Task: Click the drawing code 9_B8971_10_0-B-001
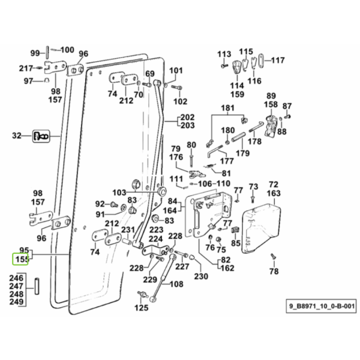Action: (x=322, y=306)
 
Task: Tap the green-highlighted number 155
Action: (x=22, y=259)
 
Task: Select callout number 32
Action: (x=17, y=136)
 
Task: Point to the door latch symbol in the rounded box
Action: (x=41, y=136)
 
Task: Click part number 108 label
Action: (x=176, y=284)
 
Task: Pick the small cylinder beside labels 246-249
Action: (x=37, y=286)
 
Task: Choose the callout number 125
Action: (x=142, y=308)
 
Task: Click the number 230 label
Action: (x=201, y=276)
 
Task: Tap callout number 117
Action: (x=278, y=61)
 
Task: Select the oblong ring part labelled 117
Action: (x=261, y=61)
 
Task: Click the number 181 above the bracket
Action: (x=227, y=108)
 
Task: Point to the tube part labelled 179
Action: (x=239, y=136)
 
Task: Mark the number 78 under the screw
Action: (x=274, y=271)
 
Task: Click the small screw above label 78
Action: (x=273, y=256)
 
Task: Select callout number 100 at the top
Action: (x=67, y=50)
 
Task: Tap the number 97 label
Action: (x=28, y=81)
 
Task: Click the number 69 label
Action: (x=150, y=74)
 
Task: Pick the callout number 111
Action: (x=176, y=179)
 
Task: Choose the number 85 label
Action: (x=236, y=243)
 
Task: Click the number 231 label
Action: (x=128, y=230)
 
